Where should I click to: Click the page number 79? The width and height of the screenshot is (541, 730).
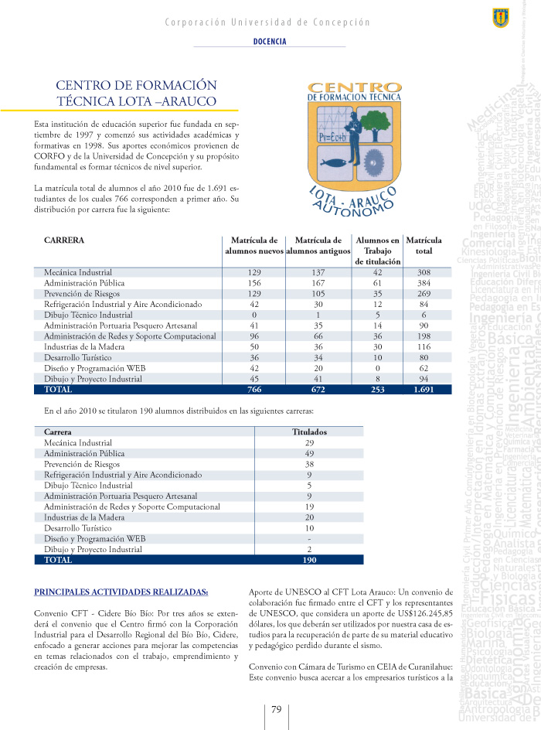pos(276,709)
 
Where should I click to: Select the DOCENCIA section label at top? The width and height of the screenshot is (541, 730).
pos(270,42)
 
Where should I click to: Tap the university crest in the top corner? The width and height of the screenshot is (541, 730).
pos(500,18)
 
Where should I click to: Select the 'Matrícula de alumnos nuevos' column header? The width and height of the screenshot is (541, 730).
pos(253,246)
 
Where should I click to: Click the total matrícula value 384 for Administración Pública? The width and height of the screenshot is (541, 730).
pos(424,283)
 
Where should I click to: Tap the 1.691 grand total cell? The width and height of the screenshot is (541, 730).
pos(424,390)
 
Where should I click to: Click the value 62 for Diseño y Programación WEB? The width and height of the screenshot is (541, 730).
pos(424,369)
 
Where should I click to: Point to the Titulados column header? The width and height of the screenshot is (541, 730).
pos(309,432)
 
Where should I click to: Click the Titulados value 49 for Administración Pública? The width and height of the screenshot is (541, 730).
pos(309,453)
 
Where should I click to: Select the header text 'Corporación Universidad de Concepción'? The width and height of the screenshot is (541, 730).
pos(267,22)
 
